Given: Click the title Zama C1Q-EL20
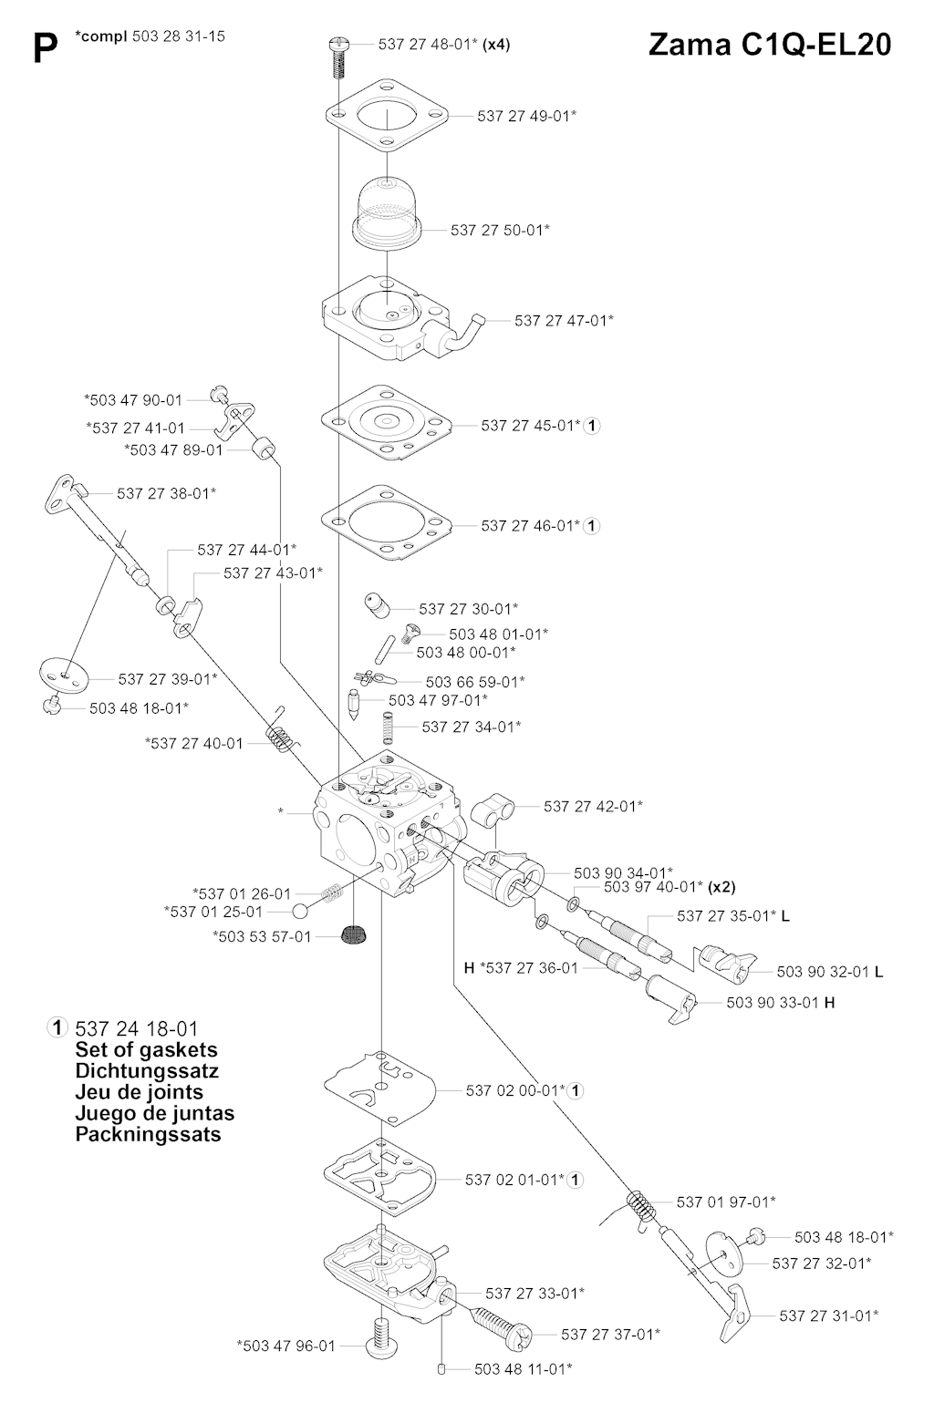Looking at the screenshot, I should (x=769, y=45).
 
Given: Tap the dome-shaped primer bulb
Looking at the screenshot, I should (x=389, y=213).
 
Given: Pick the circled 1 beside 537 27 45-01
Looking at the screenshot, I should (x=592, y=425).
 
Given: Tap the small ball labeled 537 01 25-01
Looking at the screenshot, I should (x=301, y=911).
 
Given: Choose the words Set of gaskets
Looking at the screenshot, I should (x=146, y=1049).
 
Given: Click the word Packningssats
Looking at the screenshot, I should (x=148, y=1134).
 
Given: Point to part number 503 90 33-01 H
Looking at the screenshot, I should (x=781, y=1002).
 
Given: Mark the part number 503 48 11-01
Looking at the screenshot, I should (x=523, y=1368).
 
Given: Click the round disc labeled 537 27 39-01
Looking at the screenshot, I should (x=64, y=676).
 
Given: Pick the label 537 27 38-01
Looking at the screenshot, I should (x=166, y=493).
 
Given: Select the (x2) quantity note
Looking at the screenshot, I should (x=721, y=886).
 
